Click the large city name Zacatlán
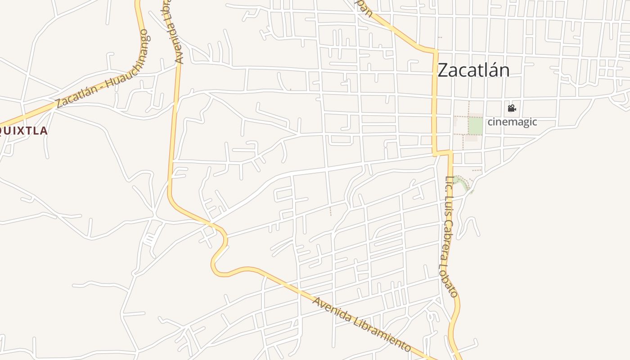coord(473,70)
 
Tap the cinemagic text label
coord(513,121)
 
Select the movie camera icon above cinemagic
coord(512,108)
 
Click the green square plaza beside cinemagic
coord(475,125)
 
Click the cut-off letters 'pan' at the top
coord(367,8)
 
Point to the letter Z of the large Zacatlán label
coord(443,70)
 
